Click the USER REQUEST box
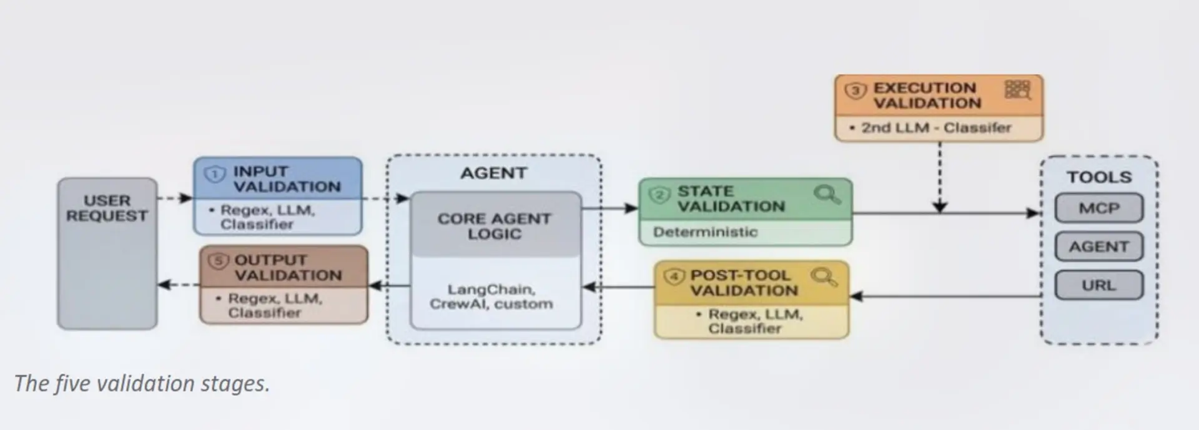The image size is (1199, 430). coord(107,253)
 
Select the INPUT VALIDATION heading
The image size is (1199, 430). coord(287,179)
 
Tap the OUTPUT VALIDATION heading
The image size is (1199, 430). coord(289,268)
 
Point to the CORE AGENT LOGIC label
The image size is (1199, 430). coord(495,226)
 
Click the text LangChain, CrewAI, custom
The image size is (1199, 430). coord(491,297)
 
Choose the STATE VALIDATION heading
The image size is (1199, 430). coord(731,198)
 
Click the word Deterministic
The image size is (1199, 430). coord(705,232)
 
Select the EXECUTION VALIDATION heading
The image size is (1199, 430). coord(927,95)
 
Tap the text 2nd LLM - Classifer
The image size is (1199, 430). coord(936,128)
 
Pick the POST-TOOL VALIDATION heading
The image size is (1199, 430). coord(744,283)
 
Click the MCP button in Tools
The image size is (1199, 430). coord(1099,208)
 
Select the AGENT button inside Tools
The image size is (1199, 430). coord(1099,247)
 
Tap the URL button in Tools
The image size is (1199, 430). coord(1099,286)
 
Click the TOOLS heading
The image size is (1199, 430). coord(1099,177)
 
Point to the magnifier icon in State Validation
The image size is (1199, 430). coord(827,194)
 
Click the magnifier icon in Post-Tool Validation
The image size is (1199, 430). coord(824,276)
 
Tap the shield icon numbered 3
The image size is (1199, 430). coord(856,90)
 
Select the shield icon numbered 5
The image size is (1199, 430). coord(219,261)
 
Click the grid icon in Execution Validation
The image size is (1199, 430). coord(1017,90)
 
